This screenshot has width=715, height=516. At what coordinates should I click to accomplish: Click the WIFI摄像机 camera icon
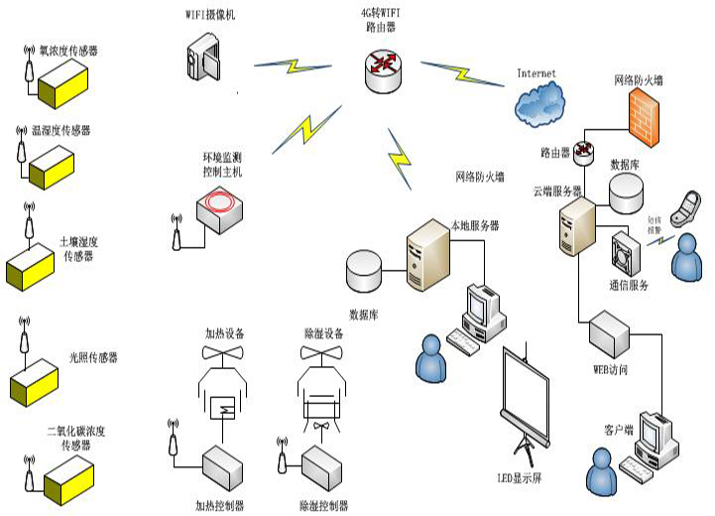204,58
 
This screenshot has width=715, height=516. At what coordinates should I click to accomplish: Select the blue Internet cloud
539,100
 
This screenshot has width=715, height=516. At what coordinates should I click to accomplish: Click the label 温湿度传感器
61,130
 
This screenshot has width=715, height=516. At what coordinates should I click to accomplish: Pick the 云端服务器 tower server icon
576,226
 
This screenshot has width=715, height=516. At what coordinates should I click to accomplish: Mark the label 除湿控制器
324,505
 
